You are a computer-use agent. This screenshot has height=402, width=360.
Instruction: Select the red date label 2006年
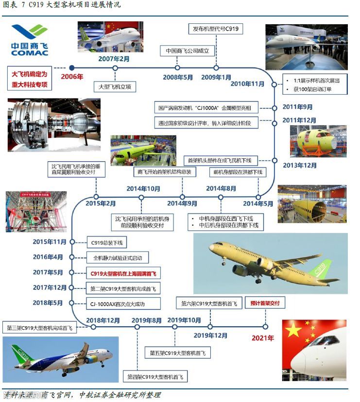71,77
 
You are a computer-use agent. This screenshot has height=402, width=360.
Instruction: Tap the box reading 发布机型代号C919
216,29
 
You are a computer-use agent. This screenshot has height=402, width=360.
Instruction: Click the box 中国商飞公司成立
187,50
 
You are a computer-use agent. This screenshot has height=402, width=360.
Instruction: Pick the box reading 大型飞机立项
115,86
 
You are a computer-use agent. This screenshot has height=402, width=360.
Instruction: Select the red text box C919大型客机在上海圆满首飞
123,273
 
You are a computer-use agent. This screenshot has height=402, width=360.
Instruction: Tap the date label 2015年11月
49,242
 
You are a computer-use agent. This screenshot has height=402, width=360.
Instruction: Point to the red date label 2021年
263,337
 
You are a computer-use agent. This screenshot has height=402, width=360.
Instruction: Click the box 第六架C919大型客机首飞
210,303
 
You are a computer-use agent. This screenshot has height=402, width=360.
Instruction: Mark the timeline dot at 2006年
71,67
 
